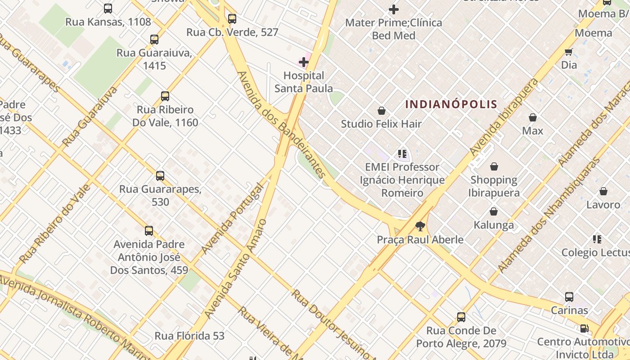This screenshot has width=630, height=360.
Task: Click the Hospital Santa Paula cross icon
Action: coord(304,62)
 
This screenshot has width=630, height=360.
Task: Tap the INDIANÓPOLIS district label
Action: coord(451,104)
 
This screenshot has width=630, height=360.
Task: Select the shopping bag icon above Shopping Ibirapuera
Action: coord(494,166)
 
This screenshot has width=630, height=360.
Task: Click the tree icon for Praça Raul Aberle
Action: coord(420,226)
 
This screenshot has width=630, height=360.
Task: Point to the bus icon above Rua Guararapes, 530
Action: coord(160,175)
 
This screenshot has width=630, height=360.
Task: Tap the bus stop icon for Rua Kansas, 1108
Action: coord(108,8)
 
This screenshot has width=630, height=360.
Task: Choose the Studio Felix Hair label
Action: coord(381,124)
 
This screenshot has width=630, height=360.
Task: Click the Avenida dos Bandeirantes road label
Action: coord(281,124)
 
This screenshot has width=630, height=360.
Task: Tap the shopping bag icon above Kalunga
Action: coord(494,211)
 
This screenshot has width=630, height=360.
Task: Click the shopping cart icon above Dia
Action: coord(569,51)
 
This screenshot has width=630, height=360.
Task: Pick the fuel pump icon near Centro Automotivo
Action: coord(584,328)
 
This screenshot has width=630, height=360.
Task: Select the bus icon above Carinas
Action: coord(569,297)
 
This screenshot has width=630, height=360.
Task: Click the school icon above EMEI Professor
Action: coord(402,154)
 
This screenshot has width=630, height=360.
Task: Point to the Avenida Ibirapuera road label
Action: coord(504,117)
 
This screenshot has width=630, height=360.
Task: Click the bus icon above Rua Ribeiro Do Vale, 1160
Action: coord(165,96)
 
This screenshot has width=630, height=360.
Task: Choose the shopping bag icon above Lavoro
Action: coord(603,191)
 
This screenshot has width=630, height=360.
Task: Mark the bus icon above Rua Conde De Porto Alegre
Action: coord(461,317)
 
